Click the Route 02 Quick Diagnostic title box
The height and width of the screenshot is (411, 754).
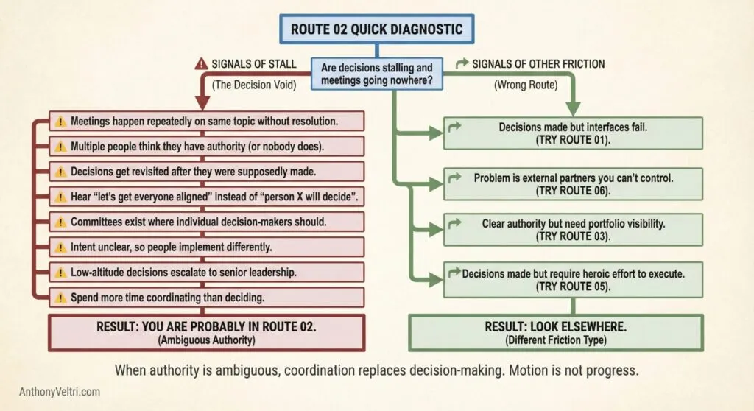pyautogui.click(x=378, y=30)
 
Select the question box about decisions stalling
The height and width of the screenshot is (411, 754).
pyautogui.click(x=377, y=74)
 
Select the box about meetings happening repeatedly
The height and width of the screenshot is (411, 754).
pyautogui.click(x=206, y=121)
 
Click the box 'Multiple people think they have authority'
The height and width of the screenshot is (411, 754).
pyautogui.click(x=206, y=146)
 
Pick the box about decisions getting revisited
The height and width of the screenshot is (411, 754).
pyautogui.click(x=206, y=171)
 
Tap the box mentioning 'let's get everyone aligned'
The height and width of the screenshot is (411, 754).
pyautogui.click(x=206, y=197)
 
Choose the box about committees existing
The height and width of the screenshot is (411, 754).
pyautogui.click(x=206, y=222)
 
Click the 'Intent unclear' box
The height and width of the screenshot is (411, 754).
pyautogui.click(x=206, y=247)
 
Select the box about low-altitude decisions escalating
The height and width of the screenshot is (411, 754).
pyautogui.click(x=206, y=272)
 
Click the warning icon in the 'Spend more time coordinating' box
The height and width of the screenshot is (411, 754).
pyautogui.click(x=60, y=298)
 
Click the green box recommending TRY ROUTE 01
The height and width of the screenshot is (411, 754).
pyautogui.click(x=573, y=133)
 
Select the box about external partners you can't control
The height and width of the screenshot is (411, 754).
pyautogui.click(x=573, y=184)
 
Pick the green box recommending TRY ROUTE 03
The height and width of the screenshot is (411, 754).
pyautogui.click(x=573, y=229)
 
